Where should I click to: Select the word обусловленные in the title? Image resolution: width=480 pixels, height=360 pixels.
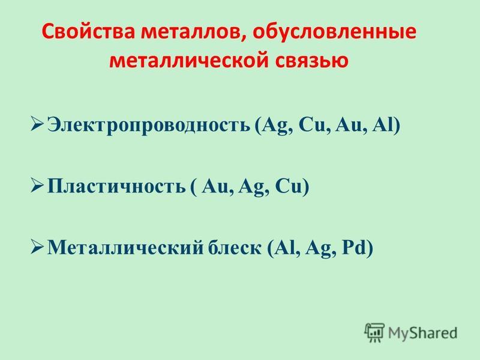click(334, 32)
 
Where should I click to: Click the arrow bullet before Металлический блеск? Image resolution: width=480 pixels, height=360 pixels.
click(38, 247)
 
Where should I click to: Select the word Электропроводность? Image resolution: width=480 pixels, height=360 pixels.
click(149, 125)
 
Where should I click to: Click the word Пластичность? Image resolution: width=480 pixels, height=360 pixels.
click(116, 185)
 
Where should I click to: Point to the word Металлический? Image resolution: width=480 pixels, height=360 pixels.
click(125, 247)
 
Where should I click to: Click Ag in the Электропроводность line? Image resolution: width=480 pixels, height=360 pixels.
click(275, 125)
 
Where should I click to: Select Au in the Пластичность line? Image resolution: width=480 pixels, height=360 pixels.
click(215, 185)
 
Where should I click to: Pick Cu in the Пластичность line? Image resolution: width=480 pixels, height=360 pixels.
click(289, 185)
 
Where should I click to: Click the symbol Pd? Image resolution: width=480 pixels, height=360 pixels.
click(354, 247)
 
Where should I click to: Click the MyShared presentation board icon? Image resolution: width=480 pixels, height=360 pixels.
click(374, 332)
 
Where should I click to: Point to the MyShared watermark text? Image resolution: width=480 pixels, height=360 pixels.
click(422, 333)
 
